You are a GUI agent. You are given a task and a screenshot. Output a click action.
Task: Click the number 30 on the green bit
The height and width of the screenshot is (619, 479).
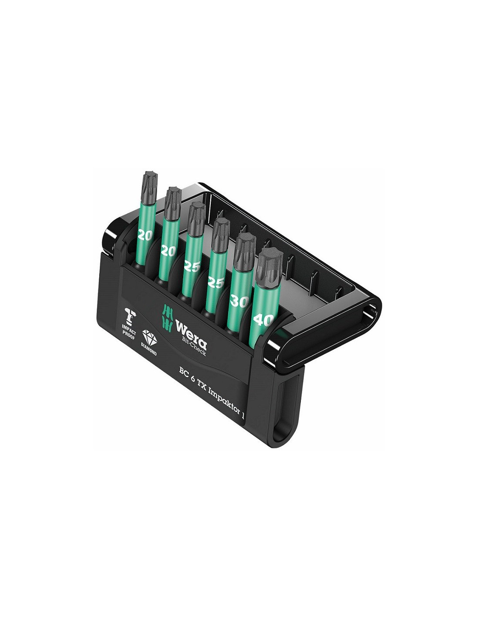pos(239,301)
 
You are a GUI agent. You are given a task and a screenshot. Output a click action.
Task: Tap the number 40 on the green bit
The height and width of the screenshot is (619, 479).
pos(263,320)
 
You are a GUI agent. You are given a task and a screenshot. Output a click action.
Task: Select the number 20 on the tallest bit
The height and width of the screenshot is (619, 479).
pos(145,235)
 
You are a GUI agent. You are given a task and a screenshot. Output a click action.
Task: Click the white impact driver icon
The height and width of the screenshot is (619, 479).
pos(130,316)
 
